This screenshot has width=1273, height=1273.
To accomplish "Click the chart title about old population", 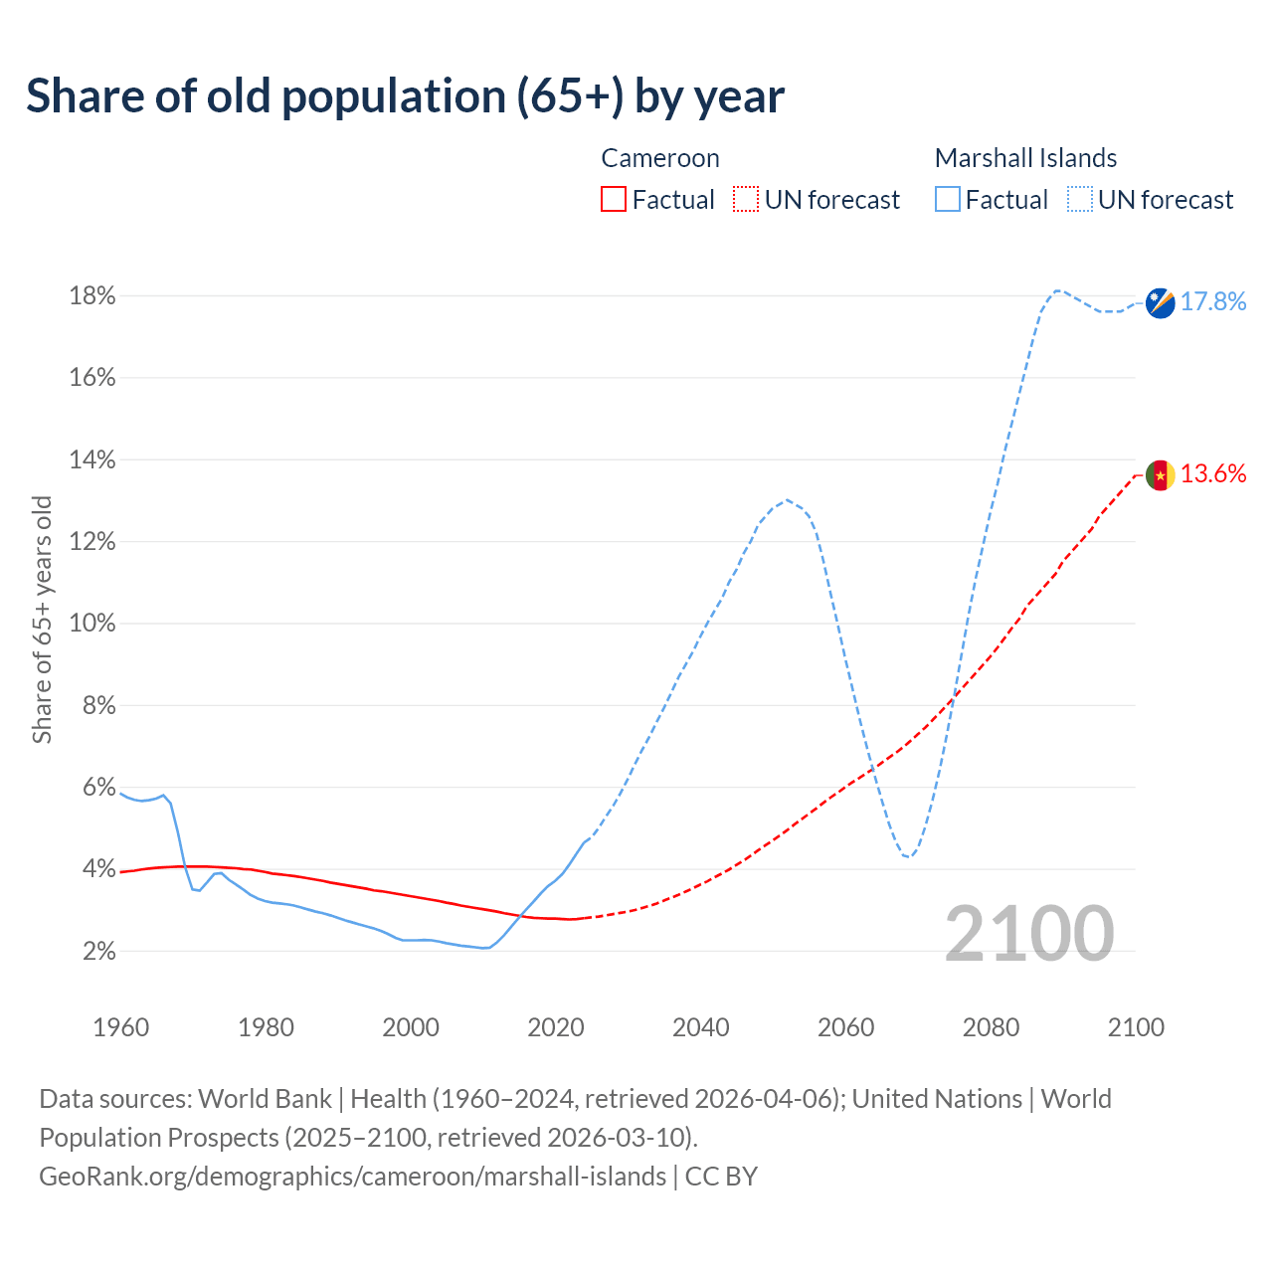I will click(405, 96).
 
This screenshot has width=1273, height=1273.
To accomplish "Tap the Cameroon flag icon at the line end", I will click(1161, 475).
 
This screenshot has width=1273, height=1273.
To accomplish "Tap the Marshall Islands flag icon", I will click(1161, 302).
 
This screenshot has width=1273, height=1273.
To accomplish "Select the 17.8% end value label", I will click(1213, 302).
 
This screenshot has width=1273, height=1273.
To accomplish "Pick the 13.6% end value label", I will click(1213, 474).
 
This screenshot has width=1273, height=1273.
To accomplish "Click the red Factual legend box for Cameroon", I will click(614, 200).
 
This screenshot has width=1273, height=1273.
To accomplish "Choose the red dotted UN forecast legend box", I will click(746, 200).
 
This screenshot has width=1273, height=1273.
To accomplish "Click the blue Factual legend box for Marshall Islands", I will click(948, 200).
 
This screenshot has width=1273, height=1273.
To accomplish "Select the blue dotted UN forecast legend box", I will click(1080, 200).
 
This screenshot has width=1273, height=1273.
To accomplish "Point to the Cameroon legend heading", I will click(660, 158).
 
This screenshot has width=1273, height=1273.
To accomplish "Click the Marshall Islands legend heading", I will click(1025, 158).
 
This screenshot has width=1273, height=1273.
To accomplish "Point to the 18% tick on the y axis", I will click(92, 296).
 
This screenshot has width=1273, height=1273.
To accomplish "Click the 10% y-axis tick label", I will click(92, 624).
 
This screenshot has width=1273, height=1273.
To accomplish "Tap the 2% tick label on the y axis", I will click(98, 952).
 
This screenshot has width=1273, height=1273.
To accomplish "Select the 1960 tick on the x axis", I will click(120, 1027).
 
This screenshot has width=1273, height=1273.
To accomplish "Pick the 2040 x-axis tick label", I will click(700, 1027).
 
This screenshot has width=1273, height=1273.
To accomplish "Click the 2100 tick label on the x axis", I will click(1135, 1027).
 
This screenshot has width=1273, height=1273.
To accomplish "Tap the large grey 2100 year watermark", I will click(1029, 934).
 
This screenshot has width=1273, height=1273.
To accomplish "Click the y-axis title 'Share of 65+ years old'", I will click(42, 620).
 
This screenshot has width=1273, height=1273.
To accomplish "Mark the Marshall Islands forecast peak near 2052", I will click(787, 499).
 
